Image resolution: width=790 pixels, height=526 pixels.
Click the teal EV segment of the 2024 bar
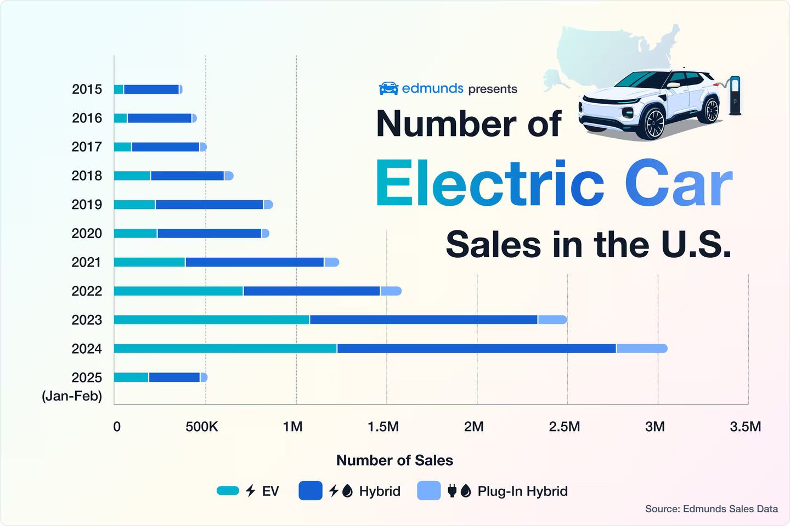tap(225, 348)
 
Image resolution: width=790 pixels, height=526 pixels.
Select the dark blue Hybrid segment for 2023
tap(424, 320)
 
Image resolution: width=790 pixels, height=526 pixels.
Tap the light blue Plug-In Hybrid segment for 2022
tap(391, 291)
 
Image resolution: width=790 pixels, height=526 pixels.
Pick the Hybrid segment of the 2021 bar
tap(255, 262)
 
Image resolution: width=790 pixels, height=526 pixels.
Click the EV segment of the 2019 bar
tap(134, 205)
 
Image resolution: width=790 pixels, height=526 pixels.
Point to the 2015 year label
tap(87, 89)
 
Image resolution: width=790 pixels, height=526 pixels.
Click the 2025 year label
tap(87, 377)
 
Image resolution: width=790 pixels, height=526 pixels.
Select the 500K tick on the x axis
tap(202, 427)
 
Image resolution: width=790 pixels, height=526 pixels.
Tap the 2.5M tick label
tap(564, 427)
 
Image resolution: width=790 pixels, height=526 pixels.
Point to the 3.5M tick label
tap(745, 427)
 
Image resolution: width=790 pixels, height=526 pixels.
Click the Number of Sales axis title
tap(394, 460)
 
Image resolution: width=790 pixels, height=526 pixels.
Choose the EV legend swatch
tap(228, 491)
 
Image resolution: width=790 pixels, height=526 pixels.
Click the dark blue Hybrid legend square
tap(310, 491)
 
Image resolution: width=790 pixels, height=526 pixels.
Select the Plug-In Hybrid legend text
tap(522, 491)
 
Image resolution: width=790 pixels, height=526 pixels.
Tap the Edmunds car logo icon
tap(388, 88)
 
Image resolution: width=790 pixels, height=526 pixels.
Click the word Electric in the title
tap(489, 184)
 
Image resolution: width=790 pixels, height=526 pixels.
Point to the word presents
tap(493, 89)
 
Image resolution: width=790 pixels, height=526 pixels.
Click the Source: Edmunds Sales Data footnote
tap(711, 508)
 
